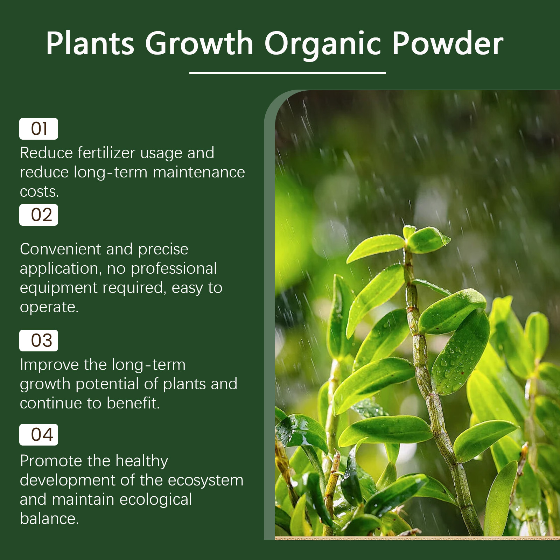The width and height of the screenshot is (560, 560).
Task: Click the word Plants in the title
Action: tap(90, 43)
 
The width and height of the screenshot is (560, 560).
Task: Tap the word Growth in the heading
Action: tap(199, 43)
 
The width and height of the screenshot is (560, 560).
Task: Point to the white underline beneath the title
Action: tap(288, 73)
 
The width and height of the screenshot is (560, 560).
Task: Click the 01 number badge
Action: tap(38, 129)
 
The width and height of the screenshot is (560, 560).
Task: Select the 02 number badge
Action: tap(38, 215)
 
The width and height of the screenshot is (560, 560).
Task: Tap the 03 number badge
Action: tap(38, 341)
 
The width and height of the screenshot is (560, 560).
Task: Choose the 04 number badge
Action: tap(38, 435)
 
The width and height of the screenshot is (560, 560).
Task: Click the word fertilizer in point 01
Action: tap(106, 153)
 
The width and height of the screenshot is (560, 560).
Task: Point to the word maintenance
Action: tap(199, 172)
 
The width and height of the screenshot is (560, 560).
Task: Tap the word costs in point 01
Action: tap(39, 192)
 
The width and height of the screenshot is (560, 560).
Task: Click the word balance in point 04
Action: tap(49, 519)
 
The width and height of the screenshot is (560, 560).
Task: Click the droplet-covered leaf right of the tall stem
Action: tap(461, 353)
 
